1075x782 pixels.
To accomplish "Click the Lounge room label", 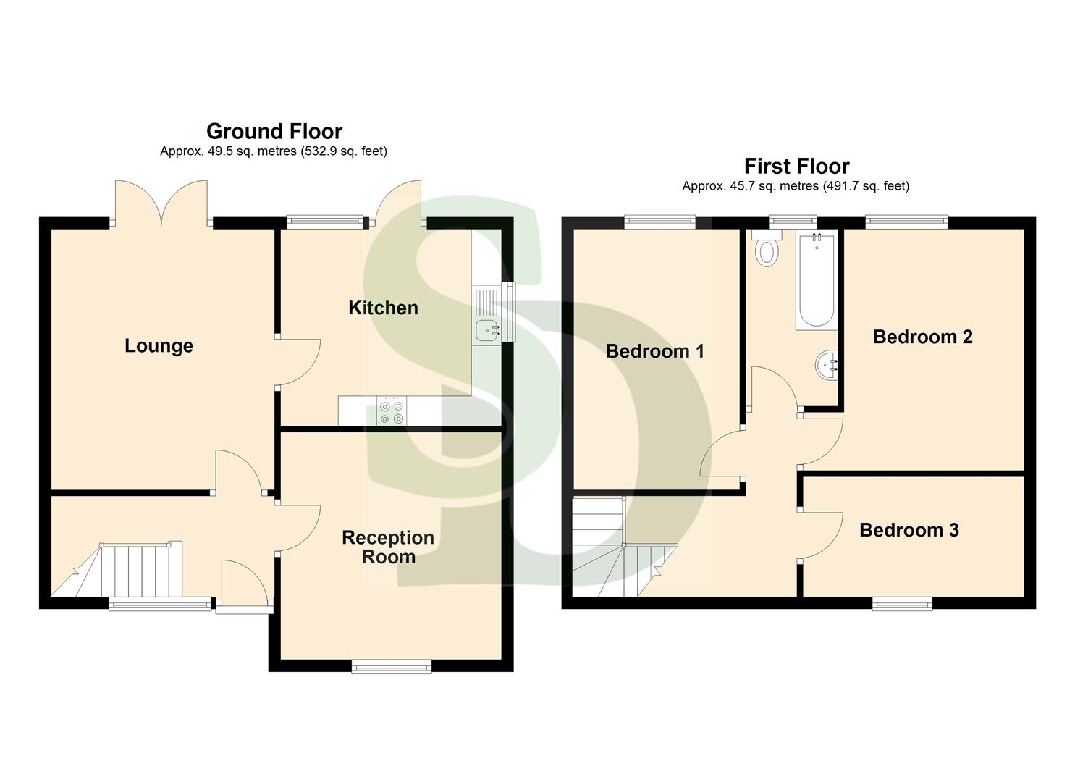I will coord(159,346).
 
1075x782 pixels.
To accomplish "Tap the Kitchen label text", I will coord(383,308).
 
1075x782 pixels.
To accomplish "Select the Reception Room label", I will coord(388,547).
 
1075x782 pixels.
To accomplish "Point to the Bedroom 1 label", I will coord(654,352).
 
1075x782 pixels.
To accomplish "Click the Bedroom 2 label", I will coord(922,337).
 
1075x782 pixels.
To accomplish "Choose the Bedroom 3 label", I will coord(909,531).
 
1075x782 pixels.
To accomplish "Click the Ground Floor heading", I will coord(274,132).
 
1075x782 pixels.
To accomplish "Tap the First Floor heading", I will coord(796,167).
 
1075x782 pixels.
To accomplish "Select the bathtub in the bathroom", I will coord(816,281).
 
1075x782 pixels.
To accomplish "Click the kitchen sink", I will coord(486,330).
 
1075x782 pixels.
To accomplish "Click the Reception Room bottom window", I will coord(391,667).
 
